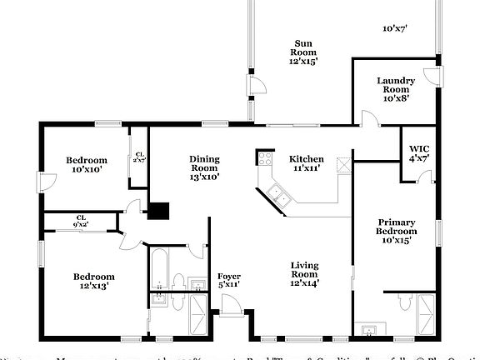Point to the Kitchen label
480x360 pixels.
(x=306, y=163)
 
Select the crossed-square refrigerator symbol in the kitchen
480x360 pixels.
(x=341, y=162)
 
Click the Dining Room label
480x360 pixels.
(x=203, y=167)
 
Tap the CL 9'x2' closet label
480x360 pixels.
(x=81, y=221)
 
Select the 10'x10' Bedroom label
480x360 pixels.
(x=87, y=165)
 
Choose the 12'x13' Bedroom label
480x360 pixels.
(x=93, y=281)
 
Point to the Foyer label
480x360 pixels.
(x=228, y=281)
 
